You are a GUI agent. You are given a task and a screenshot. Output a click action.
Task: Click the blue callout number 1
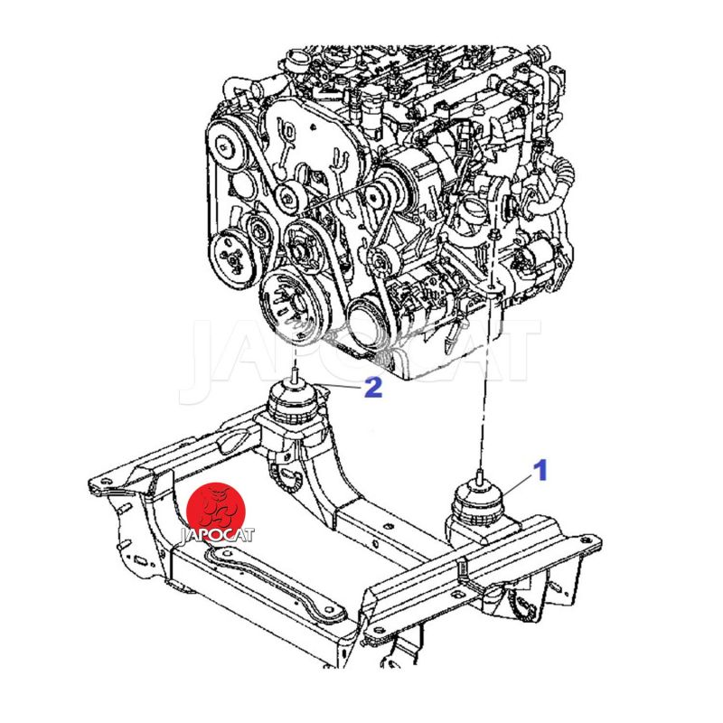[x=540, y=469]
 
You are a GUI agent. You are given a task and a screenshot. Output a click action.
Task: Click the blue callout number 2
[x=373, y=388]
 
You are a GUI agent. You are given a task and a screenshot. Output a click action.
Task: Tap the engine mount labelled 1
[x=478, y=506]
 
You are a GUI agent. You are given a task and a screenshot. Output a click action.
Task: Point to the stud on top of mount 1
[x=480, y=476]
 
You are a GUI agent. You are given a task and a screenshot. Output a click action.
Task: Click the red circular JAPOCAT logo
[x=216, y=511]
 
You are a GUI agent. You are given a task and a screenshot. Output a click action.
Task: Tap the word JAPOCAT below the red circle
[x=217, y=535]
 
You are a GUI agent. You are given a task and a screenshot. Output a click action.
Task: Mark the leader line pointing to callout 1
[x=516, y=485]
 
